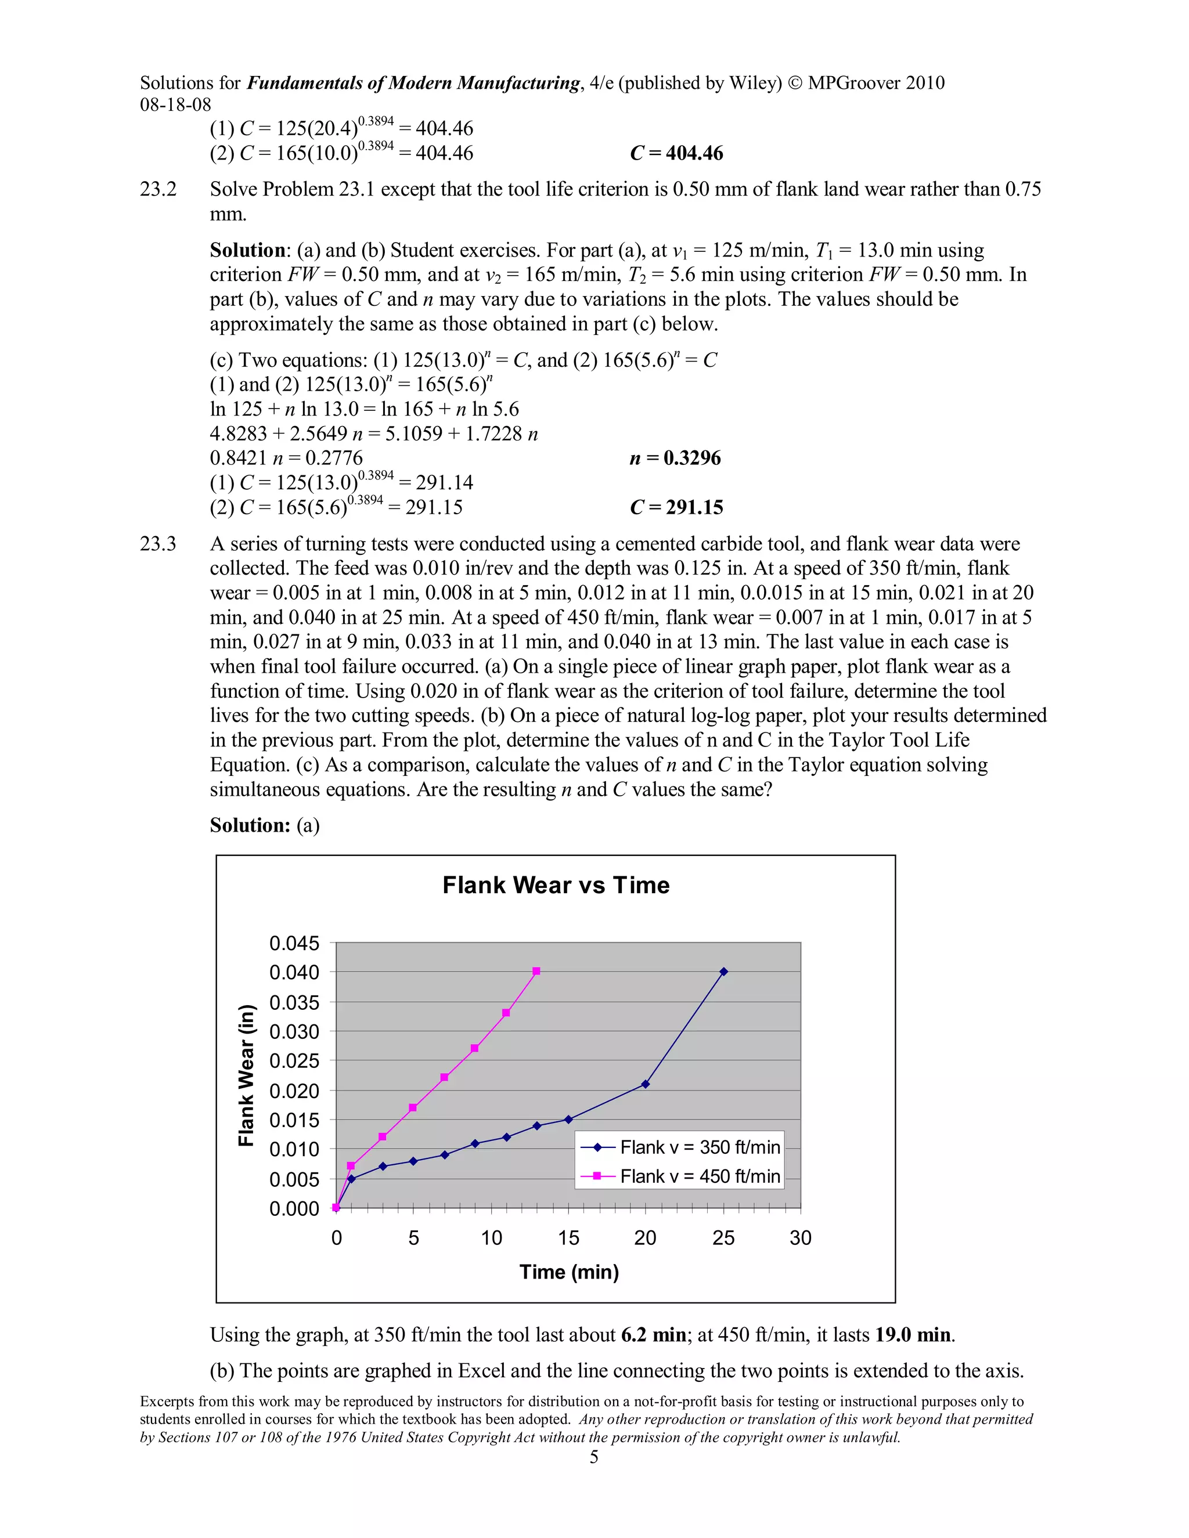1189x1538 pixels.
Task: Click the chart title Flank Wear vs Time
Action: point(556,885)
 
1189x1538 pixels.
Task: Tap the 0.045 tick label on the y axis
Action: point(294,943)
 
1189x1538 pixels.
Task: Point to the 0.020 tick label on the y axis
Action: point(294,1091)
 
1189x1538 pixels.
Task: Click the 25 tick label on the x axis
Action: point(723,1238)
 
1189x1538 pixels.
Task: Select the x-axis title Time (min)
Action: point(569,1272)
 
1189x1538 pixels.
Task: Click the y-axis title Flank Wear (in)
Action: point(246,1075)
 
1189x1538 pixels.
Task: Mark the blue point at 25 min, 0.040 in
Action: point(723,972)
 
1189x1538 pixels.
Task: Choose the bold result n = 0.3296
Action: point(675,458)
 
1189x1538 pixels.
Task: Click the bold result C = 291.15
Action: point(676,508)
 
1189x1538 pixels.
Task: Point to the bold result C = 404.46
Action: point(676,154)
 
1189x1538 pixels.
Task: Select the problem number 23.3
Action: point(158,544)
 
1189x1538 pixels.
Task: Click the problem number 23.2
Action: point(158,189)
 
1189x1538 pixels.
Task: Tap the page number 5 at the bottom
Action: point(594,1457)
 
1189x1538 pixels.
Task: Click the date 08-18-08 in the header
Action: point(175,105)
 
